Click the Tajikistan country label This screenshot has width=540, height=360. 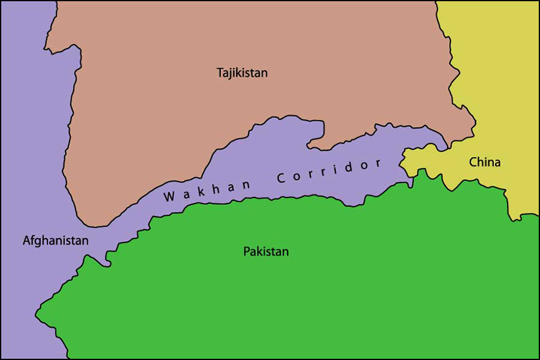[x=242, y=73]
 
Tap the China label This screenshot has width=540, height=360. [x=485, y=163]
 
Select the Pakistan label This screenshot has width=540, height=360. [x=266, y=251]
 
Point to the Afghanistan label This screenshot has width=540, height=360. [x=55, y=241]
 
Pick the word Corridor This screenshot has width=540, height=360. [x=329, y=171]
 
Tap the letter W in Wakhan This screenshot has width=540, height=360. [x=168, y=198]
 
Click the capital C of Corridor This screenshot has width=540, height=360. [x=282, y=179]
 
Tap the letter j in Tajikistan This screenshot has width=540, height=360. [x=231, y=74]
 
